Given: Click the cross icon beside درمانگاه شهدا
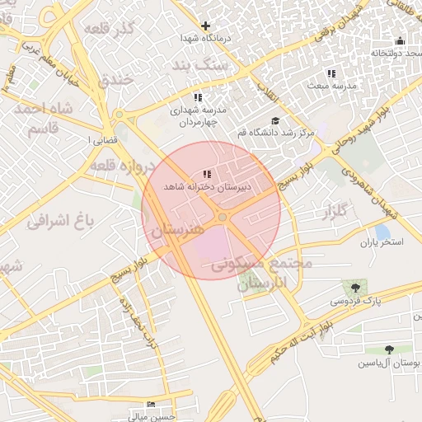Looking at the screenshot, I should (206, 26).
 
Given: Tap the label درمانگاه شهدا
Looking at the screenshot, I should (206, 39).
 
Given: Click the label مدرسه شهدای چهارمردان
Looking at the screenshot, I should (197, 115).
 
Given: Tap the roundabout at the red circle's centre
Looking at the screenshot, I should (223, 217).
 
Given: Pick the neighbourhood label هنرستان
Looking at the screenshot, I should (174, 230).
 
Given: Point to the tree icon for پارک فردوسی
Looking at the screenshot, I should (355, 288).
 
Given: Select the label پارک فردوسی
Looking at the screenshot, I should (357, 302).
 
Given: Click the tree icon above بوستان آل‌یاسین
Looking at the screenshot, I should (389, 349).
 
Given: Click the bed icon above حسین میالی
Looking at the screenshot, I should (150, 405).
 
